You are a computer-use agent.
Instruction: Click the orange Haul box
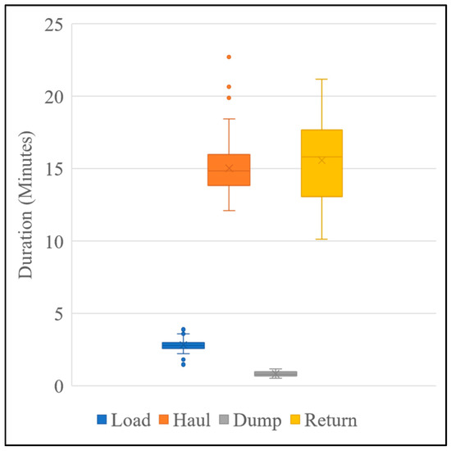coord(229,170)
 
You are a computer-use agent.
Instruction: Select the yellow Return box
coord(321,163)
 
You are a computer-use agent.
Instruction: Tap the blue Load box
coord(183,345)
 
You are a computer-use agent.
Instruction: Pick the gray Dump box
coord(276,373)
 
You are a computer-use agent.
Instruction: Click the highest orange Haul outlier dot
coord(229,57)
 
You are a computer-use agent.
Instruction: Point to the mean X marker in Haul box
coord(229,168)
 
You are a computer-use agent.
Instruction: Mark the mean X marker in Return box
coord(321,160)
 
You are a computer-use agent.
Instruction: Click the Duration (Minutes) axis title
coord(25,205)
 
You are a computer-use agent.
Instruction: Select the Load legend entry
coord(123,421)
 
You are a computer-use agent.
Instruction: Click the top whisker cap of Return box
coord(321,80)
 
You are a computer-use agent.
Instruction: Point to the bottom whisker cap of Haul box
coord(229,211)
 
